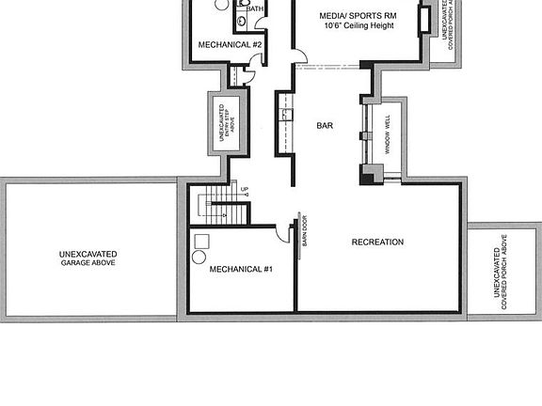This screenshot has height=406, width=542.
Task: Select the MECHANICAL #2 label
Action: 230,44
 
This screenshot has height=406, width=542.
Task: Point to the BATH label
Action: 255,8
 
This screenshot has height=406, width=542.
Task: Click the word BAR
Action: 326,125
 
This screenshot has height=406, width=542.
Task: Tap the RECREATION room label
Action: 377,242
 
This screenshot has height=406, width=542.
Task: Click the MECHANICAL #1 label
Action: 241,270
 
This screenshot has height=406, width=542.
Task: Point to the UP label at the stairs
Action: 245,191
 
